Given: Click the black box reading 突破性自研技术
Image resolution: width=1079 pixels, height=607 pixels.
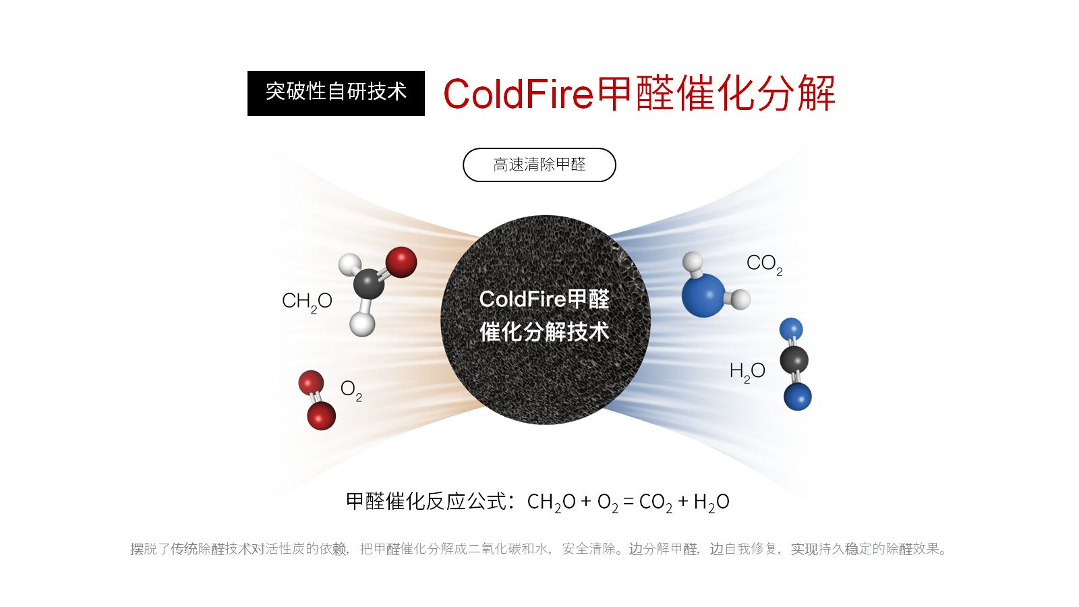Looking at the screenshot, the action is (x=336, y=94).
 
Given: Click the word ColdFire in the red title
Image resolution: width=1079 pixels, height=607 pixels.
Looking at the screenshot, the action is (x=519, y=94).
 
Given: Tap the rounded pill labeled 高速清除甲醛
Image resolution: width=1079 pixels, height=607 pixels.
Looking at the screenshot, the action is (x=539, y=165).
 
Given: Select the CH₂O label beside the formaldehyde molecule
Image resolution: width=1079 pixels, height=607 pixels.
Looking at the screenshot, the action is (x=307, y=302).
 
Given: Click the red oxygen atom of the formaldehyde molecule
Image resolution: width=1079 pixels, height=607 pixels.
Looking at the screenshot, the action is (x=401, y=262).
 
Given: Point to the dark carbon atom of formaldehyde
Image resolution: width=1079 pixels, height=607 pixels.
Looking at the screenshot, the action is (x=368, y=284).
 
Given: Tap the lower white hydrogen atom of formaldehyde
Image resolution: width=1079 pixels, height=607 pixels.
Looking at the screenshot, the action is (x=362, y=324).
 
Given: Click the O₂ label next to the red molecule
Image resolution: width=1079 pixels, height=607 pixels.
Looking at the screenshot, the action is (x=351, y=391).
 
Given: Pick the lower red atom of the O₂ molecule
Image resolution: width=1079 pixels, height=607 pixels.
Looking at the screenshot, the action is (x=321, y=415).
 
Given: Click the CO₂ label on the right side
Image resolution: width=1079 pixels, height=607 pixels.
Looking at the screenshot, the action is (x=764, y=264).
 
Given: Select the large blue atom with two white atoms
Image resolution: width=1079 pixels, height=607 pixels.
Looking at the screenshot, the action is (x=703, y=295).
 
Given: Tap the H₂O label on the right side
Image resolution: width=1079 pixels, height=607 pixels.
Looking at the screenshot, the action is (x=747, y=372).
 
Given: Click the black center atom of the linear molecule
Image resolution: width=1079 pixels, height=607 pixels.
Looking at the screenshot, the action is (x=794, y=359).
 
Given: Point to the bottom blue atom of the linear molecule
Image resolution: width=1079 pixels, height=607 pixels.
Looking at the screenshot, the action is (x=798, y=397).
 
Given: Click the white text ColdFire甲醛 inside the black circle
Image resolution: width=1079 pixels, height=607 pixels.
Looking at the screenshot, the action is (x=544, y=299).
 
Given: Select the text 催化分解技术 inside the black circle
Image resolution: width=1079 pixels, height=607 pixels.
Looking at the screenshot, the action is (x=544, y=332).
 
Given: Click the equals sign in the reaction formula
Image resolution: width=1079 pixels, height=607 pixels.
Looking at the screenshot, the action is (x=628, y=502).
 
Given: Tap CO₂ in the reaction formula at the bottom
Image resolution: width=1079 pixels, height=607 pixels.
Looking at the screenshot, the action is (x=655, y=502).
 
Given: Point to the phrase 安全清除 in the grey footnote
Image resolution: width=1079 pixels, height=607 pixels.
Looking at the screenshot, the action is (x=589, y=549).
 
